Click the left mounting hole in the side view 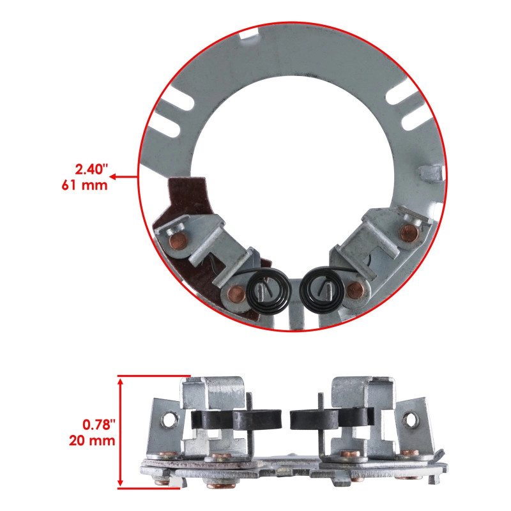[169, 420]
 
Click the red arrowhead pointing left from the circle [140, 178]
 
